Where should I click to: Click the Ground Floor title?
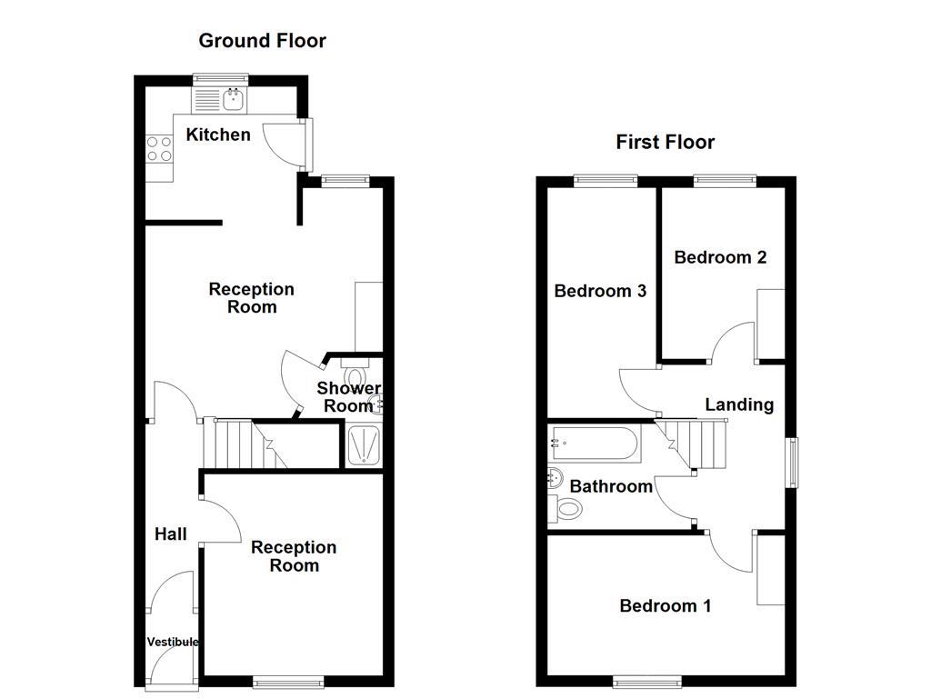262,40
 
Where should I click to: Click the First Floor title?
665,142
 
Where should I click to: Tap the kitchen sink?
234,98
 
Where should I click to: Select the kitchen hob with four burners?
160,148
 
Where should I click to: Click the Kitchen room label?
218,135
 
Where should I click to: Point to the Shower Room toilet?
354,374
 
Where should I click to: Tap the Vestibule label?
173,642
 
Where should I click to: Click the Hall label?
171,533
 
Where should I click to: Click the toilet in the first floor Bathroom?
566,510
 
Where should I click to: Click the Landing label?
739,404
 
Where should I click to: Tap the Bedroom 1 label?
665,605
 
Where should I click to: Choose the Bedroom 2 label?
720,257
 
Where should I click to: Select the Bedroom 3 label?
600,291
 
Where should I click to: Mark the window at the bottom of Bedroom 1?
647,681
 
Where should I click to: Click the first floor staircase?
696,443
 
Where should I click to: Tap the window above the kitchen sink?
219,78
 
